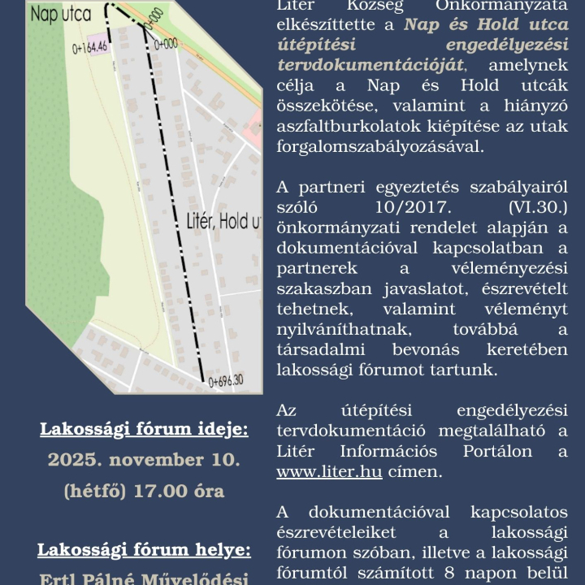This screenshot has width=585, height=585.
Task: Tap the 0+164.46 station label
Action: tap(89, 48)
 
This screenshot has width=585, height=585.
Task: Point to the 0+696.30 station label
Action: tap(225, 379)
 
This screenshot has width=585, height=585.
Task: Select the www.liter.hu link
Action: tap(318, 472)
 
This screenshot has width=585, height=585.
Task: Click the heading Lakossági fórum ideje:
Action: tap(144, 429)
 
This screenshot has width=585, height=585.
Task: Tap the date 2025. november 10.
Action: tap(144, 460)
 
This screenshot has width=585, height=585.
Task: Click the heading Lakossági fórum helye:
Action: tap(144, 550)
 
